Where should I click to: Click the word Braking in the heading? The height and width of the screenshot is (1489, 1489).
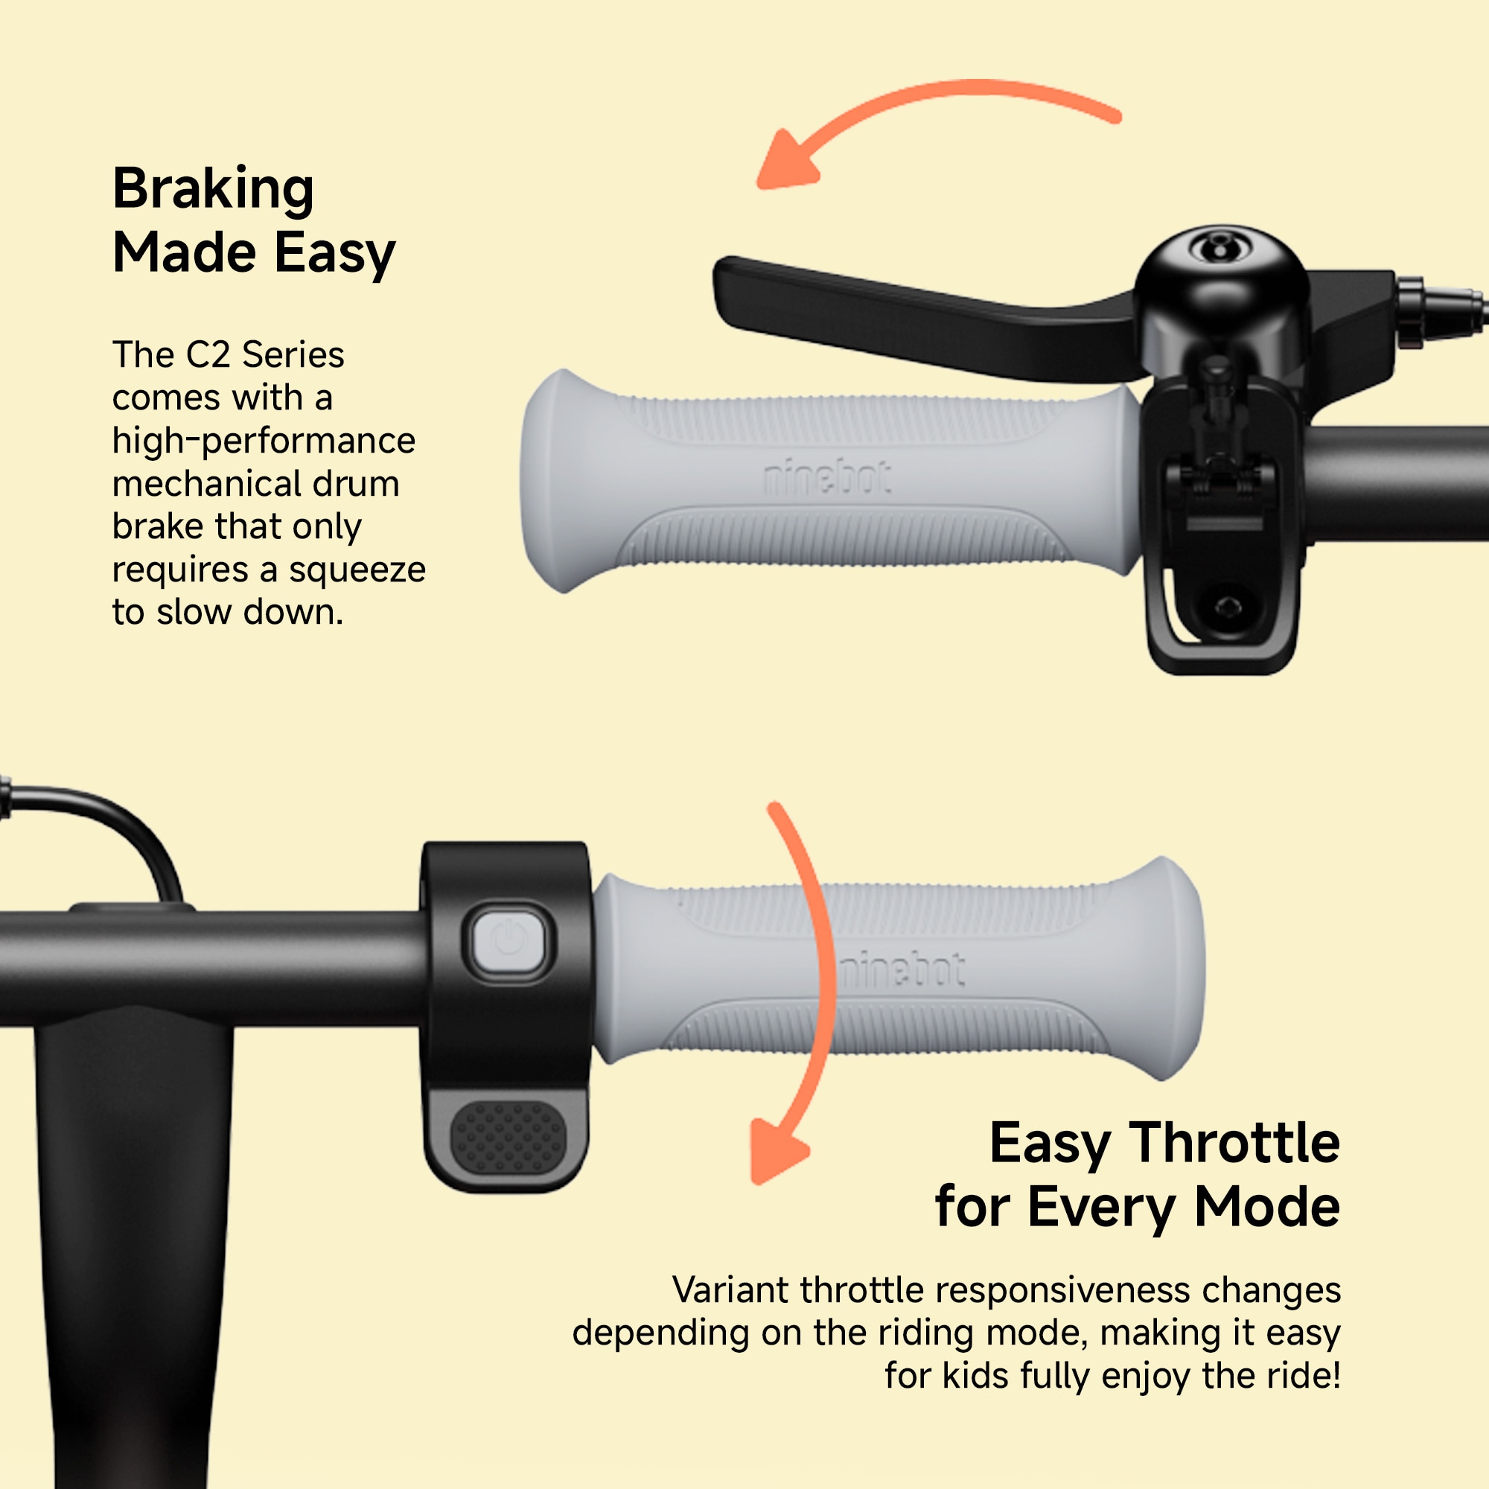pyautogui.click(x=213, y=190)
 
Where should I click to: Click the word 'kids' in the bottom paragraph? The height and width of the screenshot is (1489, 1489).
pyautogui.click(x=975, y=1376)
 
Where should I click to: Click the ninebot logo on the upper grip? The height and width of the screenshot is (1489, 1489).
pyautogui.click(x=827, y=478)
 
